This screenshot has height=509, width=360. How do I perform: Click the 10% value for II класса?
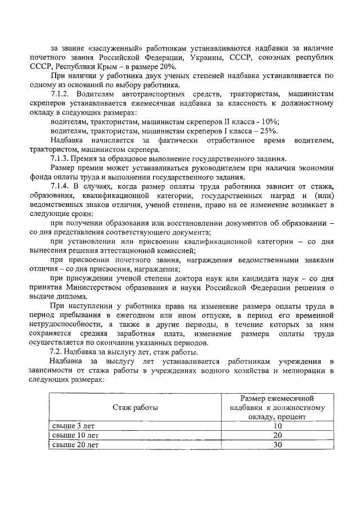coord(268,121)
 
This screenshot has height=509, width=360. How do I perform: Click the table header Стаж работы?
coord(135,407)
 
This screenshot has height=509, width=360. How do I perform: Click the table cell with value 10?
coord(277,426)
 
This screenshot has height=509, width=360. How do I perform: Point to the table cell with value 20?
coord(277,435)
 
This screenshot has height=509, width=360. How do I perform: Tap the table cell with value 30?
coord(277,444)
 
